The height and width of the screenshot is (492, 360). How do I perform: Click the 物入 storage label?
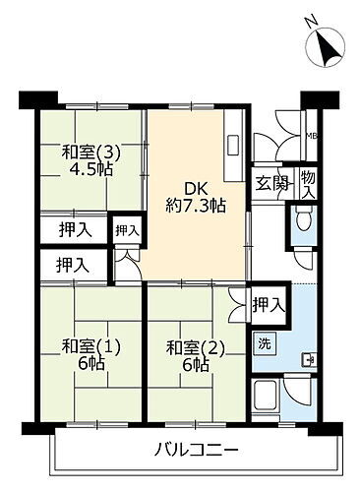tap(308, 183)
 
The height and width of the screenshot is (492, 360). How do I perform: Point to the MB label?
tap(311, 136)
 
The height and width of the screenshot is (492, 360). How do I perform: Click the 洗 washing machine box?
tap(266, 344)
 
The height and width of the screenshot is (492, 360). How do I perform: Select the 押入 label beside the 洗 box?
tap(267, 303)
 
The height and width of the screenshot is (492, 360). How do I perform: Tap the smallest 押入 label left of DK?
tap(126, 230)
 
